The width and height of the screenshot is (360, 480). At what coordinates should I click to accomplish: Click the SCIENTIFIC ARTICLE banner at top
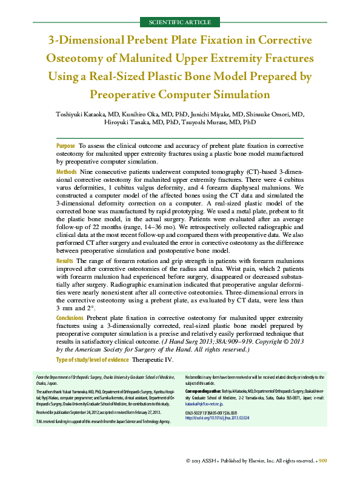pyautogui.click(x=179, y=22)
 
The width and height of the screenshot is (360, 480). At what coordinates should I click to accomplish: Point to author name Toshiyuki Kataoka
pyautogui.click(x=81, y=114)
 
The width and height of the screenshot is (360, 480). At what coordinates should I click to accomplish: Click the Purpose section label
pyautogui.click(x=65, y=147)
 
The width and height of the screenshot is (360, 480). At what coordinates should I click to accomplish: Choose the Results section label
pyautogui.click(x=65, y=260)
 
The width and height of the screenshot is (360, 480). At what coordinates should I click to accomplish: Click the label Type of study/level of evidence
pyautogui.click(x=92, y=360)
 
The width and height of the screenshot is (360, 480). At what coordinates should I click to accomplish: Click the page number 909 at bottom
pyautogui.click(x=324, y=461)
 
